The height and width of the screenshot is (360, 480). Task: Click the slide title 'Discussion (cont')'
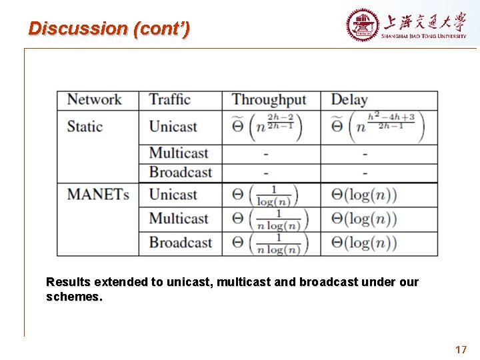[x=109, y=29]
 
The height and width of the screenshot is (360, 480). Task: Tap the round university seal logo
[x=362, y=25]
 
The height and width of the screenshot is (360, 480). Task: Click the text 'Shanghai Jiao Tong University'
[x=423, y=37]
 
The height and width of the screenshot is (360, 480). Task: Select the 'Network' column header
[x=94, y=100]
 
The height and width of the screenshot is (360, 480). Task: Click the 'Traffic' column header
[x=169, y=100]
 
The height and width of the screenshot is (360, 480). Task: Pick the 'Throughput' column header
[x=269, y=100]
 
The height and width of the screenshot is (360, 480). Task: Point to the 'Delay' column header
[x=349, y=100]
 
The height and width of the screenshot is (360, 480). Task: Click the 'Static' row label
[x=85, y=127]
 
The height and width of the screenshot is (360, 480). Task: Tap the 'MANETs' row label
[x=97, y=195]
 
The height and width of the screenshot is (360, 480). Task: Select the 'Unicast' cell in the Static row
[x=173, y=127]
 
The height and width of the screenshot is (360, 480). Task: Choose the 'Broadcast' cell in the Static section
[x=180, y=173]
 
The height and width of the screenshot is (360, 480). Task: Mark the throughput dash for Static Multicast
[x=266, y=154]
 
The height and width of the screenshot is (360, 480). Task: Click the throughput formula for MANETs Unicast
[x=265, y=195]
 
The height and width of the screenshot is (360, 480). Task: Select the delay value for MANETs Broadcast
[x=364, y=243]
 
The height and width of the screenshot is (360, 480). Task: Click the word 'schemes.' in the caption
[x=74, y=297]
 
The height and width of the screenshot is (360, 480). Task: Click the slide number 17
[x=461, y=349]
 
